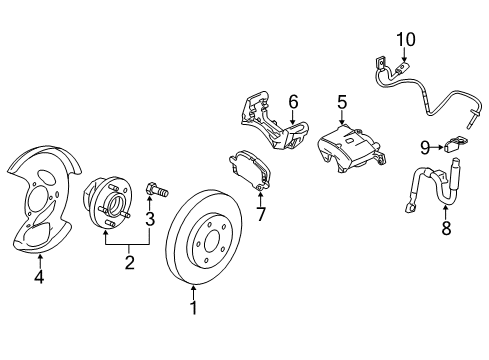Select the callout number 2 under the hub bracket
pyautogui.click(x=129, y=263)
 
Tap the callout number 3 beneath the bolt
pyautogui.click(x=150, y=219)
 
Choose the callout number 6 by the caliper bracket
pyautogui.click(x=293, y=101)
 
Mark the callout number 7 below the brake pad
pyautogui.click(x=261, y=213)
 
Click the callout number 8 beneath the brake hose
pyautogui.click(x=445, y=228)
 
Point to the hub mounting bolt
pyautogui.click(x=153, y=189)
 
